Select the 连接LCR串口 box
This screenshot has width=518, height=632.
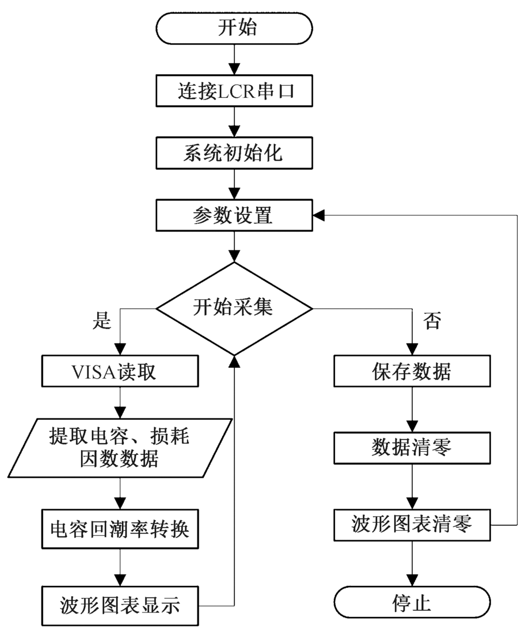pyautogui.click(x=234, y=92)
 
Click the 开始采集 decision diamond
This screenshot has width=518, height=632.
pyautogui.click(x=234, y=309)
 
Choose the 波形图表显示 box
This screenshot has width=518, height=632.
pyautogui.click(x=120, y=605)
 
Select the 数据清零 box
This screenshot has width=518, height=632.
pyautogui.click(x=412, y=447)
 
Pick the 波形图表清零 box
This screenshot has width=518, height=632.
pyautogui.click(x=412, y=525)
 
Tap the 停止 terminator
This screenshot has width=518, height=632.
pyautogui.click(x=412, y=604)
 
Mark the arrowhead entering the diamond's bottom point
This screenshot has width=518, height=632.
pyautogui.click(x=234, y=360)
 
